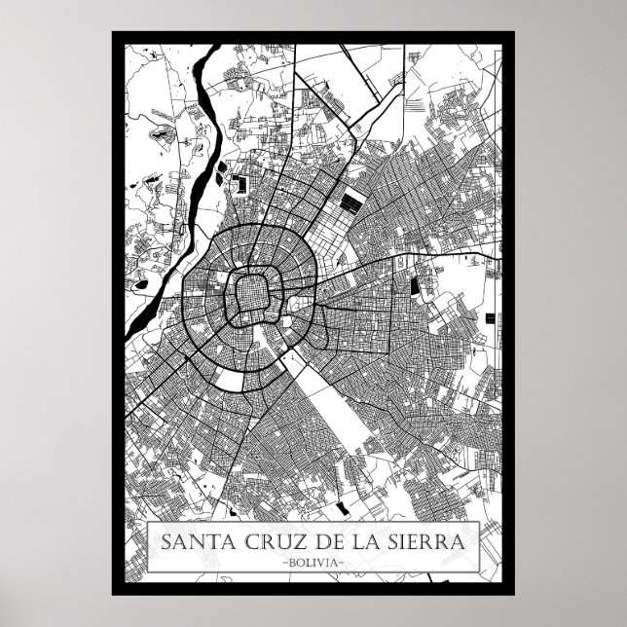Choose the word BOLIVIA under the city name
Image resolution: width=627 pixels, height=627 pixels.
pyautogui.click(x=313, y=562)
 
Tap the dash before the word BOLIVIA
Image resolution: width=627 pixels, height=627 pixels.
pyautogui.click(x=283, y=562)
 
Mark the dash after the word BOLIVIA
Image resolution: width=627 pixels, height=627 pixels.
pyautogui.click(x=344, y=562)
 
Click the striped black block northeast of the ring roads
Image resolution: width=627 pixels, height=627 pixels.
pyautogui.click(x=350, y=204)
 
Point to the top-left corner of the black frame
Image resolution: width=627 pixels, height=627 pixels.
pyautogui.click(x=114, y=34)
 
